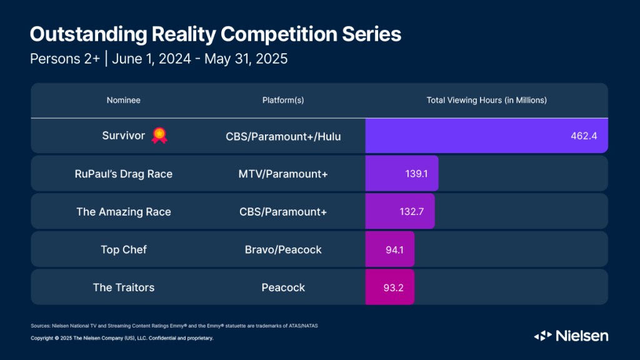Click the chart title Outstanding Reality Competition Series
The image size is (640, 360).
(215, 34)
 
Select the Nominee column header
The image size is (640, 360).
(123, 100)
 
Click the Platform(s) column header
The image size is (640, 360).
(282, 100)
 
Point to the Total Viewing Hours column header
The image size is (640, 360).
(486, 100)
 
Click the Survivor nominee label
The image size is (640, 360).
(123, 135)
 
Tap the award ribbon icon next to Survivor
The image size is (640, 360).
(159, 135)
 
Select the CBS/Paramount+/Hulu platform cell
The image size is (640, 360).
(282, 136)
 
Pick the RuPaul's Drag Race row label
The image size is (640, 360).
(123, 174)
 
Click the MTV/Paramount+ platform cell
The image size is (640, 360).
(282, 174)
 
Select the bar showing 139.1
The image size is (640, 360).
(402, 174)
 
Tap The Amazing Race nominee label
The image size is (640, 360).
(123, 212)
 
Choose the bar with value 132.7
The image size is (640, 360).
(400, 212)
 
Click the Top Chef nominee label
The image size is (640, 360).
(123, 249)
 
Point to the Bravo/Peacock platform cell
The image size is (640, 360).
(282, 249)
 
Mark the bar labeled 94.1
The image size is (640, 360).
(390, 249)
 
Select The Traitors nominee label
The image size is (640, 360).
(123, 287)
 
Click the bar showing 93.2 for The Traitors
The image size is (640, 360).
(390, 287)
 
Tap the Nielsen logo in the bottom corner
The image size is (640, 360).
(571, 336)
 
